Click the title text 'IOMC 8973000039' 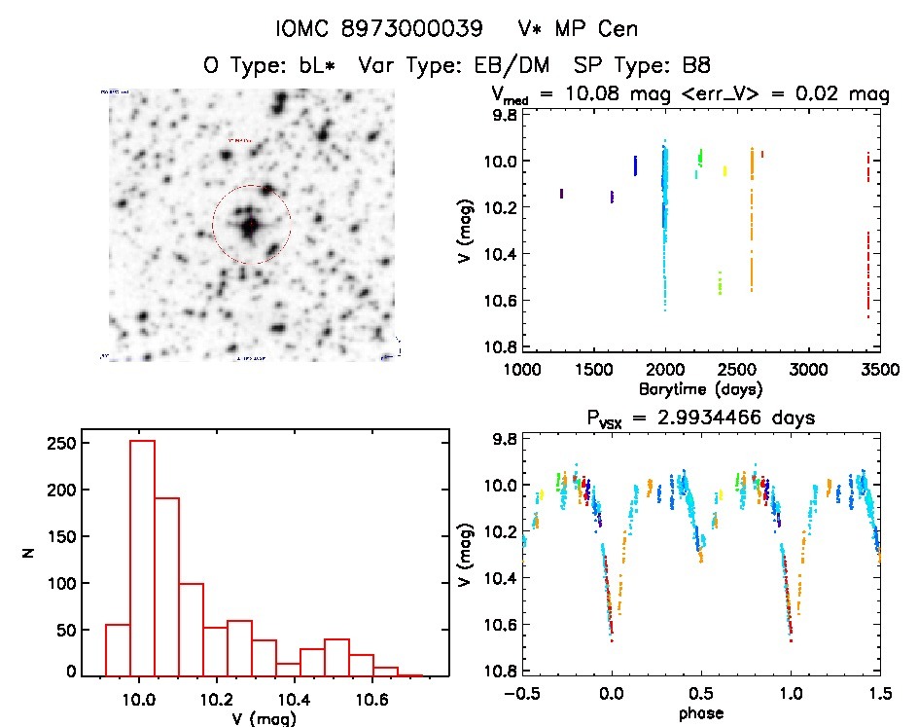(379, 29)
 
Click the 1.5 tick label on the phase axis (879, 693)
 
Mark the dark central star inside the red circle (250, 226)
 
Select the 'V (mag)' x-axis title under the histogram (268, 717)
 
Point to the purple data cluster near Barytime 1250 (562, 194)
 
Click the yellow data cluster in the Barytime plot (724, 170)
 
